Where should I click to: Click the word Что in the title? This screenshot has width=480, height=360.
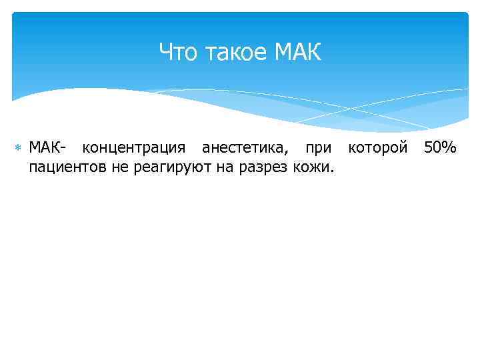(178, 52)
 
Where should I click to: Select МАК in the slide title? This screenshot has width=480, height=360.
(297, 52)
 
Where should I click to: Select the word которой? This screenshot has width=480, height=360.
(378, 147)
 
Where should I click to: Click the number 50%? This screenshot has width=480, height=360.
(440, 147)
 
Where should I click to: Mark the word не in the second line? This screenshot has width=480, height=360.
(118, 166)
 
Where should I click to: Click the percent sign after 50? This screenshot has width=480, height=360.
(449, 147)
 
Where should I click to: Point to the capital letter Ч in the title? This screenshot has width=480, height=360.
(166, 52)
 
